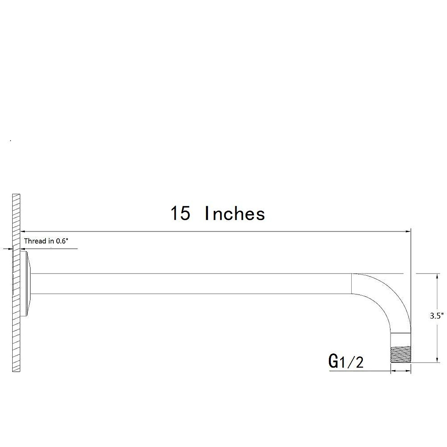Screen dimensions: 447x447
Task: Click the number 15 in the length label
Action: [x=180, y=214]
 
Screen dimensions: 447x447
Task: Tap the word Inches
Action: [x=235, y=214]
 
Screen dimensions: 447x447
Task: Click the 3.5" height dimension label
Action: [x=436, y=316]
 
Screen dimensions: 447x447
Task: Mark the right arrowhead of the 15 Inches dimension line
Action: [x=408, y=232]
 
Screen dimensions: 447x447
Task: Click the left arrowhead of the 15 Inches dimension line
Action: [x=22, y=232]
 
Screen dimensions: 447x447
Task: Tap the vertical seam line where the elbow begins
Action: [x=352, y=284]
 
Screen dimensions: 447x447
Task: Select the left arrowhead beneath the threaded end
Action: [x=392, y=371]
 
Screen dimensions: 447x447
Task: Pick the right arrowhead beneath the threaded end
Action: [x=408, y=371]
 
